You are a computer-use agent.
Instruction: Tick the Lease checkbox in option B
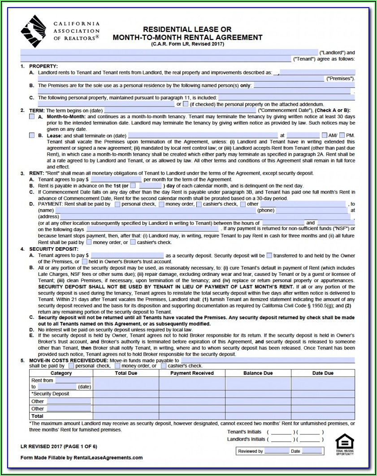32,135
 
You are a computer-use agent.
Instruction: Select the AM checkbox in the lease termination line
325,135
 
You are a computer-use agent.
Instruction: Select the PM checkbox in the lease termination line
342,135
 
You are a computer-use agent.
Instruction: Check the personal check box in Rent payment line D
117,204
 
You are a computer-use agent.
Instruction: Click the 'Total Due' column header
126,373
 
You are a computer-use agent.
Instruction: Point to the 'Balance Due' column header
258,373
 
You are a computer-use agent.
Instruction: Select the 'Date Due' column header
323,373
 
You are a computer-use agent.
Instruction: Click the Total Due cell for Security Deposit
126,394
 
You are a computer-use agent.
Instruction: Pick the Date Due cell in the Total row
323,416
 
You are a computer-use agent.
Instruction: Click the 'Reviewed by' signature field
277,451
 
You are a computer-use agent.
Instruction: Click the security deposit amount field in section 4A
127,255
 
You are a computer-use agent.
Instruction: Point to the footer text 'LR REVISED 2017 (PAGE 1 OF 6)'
58,446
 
